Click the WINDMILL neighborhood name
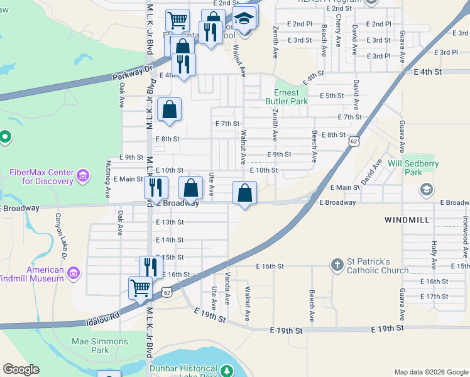(x=406, y=220)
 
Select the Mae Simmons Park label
(x=99, y=346)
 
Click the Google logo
(x=21, y=369)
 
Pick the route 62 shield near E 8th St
(x=354, y=142)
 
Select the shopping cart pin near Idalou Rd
(x=140, y=288)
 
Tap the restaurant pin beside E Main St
(x=156, y=187)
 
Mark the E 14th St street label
(x=169, y=240)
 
